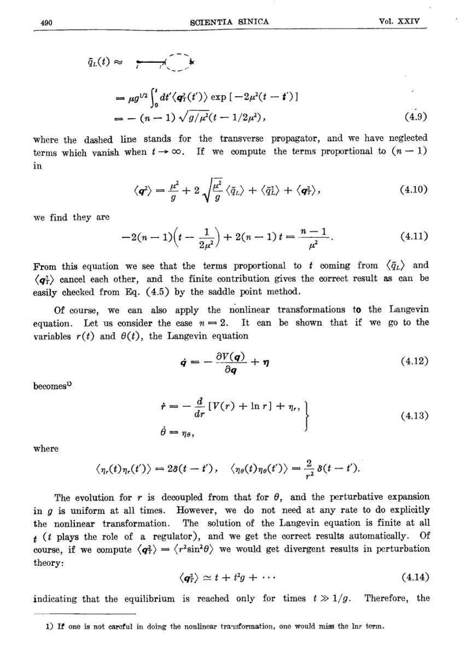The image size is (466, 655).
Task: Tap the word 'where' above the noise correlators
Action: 45,448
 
